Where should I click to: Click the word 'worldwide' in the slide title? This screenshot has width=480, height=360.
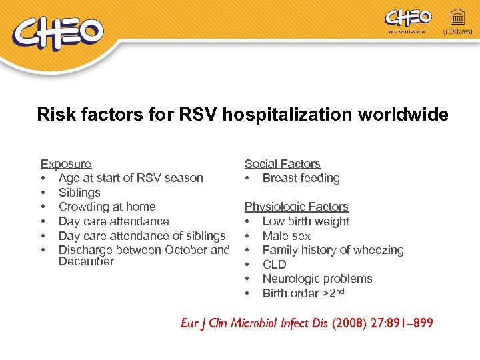[403, 115]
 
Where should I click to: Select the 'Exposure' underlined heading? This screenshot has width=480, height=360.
[66, 163]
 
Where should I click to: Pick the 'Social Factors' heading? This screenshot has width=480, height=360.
[282, 163]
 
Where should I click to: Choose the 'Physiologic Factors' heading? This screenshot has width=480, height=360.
[296, 207]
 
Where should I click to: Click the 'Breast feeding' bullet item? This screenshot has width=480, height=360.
[301, 178]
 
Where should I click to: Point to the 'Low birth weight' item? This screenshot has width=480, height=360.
[305, 221]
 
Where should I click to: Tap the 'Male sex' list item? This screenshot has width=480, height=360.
[286, 236]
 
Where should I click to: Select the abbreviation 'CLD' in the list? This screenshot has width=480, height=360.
[274, 265]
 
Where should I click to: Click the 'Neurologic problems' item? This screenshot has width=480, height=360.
[317, 279]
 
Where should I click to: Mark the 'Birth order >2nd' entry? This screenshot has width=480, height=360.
[304, 293]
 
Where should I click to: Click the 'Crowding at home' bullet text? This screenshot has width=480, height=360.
[107, 207]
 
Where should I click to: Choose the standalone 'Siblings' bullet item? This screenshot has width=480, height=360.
[79, 193]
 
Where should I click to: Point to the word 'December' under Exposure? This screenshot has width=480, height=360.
[86, 261]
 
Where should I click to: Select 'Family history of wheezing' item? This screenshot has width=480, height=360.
[333, 250]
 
